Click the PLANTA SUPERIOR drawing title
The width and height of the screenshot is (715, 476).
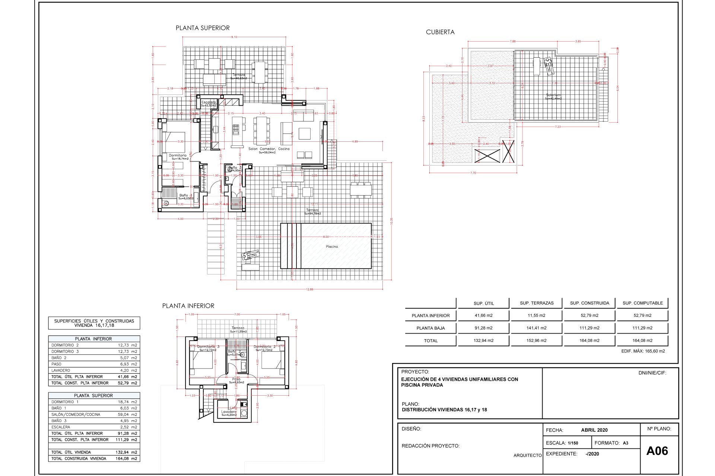(203, 28)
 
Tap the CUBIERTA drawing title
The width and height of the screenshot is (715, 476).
(440, 32)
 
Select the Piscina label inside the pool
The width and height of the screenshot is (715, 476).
(332, 247)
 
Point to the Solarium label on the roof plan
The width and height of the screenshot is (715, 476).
(553, 95)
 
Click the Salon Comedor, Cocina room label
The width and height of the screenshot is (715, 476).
(268, 149)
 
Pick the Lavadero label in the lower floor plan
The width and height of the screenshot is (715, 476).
(229, 412)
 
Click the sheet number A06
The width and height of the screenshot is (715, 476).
(657, 451)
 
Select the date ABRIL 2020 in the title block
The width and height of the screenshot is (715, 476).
(594, 430)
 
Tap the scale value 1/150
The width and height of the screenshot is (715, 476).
(573, 443)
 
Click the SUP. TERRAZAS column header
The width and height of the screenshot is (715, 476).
(537, 303)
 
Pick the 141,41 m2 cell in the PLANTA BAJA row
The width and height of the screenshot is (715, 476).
(537, 328)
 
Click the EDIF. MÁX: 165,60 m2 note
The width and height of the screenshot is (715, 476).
(643, 351)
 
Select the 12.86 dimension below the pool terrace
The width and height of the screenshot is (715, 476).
(309, 289)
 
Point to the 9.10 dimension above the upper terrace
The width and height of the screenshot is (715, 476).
(234, 37)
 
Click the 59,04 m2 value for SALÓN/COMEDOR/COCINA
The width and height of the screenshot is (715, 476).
(127, 414)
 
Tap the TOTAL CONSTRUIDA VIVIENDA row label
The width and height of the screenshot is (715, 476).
(79, 459)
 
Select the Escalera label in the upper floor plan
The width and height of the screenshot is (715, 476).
(209, 102)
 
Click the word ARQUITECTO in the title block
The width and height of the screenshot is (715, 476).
(527, 455)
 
